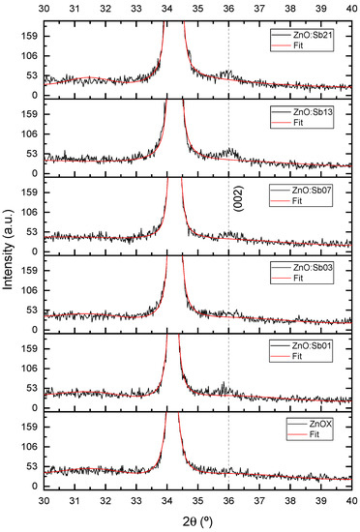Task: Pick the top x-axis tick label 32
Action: tap(105, 7)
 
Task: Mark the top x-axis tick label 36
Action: tap(227, 7)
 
